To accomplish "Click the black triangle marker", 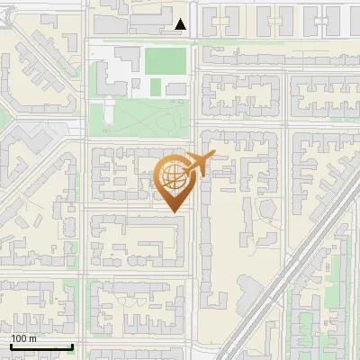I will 181,25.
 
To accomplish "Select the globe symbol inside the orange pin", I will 173,178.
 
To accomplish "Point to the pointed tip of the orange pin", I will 173,211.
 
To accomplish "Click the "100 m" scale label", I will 24,338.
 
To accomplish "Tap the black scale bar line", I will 41,346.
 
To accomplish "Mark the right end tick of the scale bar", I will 72,345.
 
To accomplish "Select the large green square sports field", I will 166,61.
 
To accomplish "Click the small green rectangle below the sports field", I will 156,86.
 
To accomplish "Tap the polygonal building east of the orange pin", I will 266,210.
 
